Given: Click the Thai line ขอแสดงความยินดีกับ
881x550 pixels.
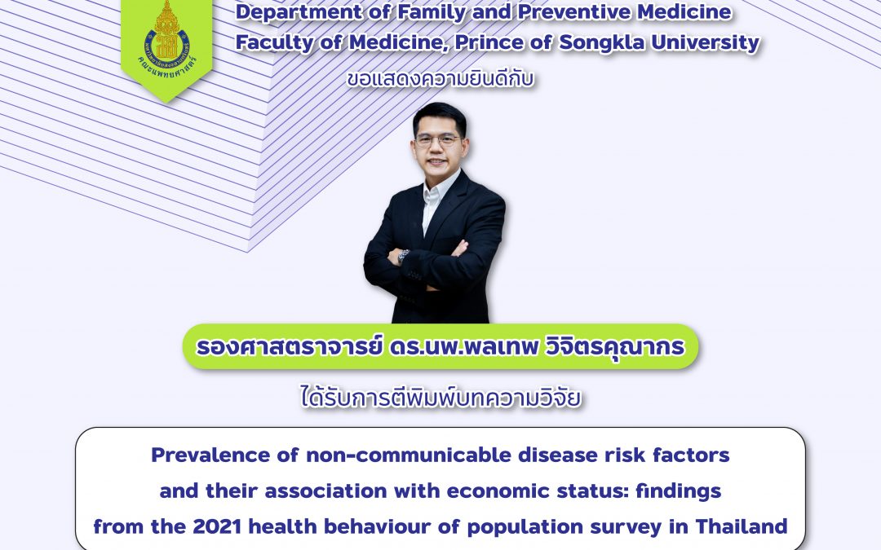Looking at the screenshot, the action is coord(440,79).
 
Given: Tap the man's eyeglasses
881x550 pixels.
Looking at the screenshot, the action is coord(437,140).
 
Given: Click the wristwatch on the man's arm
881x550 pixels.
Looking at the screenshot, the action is coord(403,256).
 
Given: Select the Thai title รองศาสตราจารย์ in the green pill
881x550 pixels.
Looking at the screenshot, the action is coord(289,346).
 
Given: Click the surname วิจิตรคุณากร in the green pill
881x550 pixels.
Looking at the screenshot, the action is coord(615,347).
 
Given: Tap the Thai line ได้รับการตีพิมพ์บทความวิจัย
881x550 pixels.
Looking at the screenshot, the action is coord(441,398).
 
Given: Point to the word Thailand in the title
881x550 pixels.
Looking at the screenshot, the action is coord(741,526).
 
